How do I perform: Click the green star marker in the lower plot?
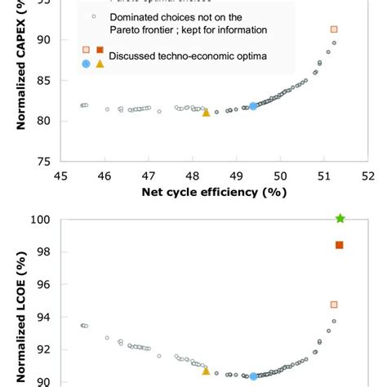click(340, 218)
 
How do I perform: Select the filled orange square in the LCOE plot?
click(340, 245)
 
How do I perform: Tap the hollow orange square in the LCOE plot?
click(334, 305)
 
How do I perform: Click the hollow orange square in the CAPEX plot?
click(334, 29)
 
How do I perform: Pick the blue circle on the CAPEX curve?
click(253, 105)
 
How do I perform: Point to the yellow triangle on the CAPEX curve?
click(206, 113)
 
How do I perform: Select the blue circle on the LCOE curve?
click(253, 376)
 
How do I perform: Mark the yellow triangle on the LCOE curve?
click(206, 371)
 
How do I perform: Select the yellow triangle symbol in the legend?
click(100, 64)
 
